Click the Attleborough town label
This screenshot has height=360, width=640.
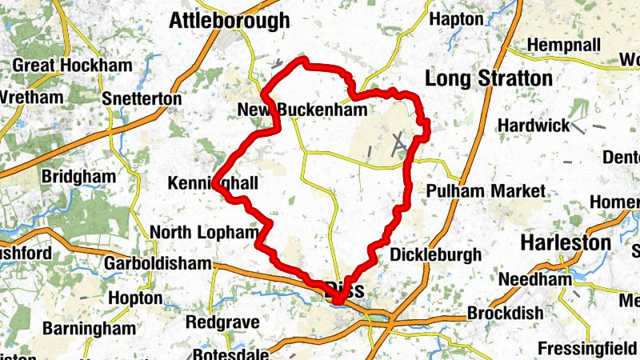229,21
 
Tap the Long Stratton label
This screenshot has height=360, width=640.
489,78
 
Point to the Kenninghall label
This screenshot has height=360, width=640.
214,184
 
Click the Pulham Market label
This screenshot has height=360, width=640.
486,191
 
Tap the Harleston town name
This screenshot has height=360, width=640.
566,242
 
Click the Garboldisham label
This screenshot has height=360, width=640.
158,263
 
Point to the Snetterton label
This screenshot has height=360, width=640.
142,98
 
